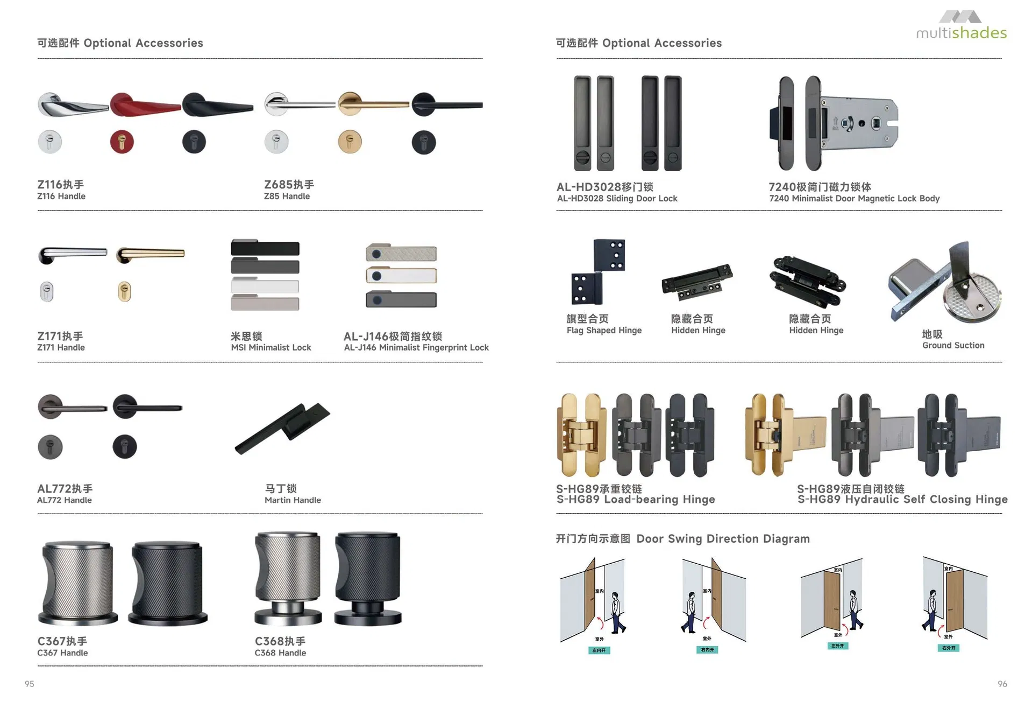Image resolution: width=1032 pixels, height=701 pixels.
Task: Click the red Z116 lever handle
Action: coord(144,104)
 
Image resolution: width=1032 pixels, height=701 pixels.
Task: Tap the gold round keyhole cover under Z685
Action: coord(350,142)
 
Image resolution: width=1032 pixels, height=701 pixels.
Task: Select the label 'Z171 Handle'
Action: coord(61,348)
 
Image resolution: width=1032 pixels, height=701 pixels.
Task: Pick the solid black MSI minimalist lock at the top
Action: coord(265,248)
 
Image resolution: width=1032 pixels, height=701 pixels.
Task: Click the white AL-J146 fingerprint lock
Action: coord(401,276)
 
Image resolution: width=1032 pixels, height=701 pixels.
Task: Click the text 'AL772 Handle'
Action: coord(64,500)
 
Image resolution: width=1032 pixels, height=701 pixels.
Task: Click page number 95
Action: coord(30,684)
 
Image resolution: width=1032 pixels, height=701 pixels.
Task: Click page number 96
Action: coord(1002,684)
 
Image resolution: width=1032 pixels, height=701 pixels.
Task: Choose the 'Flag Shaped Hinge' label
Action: coord(604,331)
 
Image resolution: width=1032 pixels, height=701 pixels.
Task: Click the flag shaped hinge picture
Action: coord(599,272)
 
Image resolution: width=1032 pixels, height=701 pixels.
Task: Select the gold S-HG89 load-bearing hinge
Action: coord(581,435)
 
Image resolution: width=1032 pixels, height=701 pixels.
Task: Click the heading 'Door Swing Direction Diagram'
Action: coord(722,539)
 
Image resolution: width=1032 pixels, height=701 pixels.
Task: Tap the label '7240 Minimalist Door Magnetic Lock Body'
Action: coord(854,199)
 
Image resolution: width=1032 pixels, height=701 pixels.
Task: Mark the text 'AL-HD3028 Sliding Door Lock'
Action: coord(617,199)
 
